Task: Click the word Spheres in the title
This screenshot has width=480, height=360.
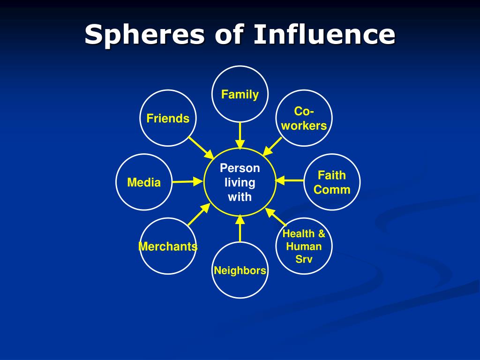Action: [144, 35]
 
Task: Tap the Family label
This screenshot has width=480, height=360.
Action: [240, 94]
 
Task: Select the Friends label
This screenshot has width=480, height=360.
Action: [168, 118]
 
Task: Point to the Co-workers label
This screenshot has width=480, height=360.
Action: [304, 119]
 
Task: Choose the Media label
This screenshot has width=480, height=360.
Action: [144, 182]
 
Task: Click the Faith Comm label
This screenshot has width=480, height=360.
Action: [332, 182]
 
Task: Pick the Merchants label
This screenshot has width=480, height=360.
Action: [168, 247]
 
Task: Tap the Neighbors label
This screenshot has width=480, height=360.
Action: [240, 270]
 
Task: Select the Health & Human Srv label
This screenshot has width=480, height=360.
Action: [304, 247]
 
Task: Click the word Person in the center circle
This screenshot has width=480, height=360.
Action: [240, 168]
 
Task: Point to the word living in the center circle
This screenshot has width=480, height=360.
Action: [240, 183]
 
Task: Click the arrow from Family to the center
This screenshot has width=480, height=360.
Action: [240, 136]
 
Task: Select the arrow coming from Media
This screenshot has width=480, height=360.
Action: [187, 181]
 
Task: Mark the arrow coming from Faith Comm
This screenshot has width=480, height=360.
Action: [290, 180]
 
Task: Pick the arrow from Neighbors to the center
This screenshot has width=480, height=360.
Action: [240, 228]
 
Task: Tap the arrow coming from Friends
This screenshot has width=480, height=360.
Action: [201, 148]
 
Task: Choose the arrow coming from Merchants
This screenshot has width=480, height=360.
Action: [199, 215]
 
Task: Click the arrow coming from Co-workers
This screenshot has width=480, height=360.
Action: [272, 147]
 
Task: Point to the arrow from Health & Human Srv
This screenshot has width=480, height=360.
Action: [276, 217]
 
